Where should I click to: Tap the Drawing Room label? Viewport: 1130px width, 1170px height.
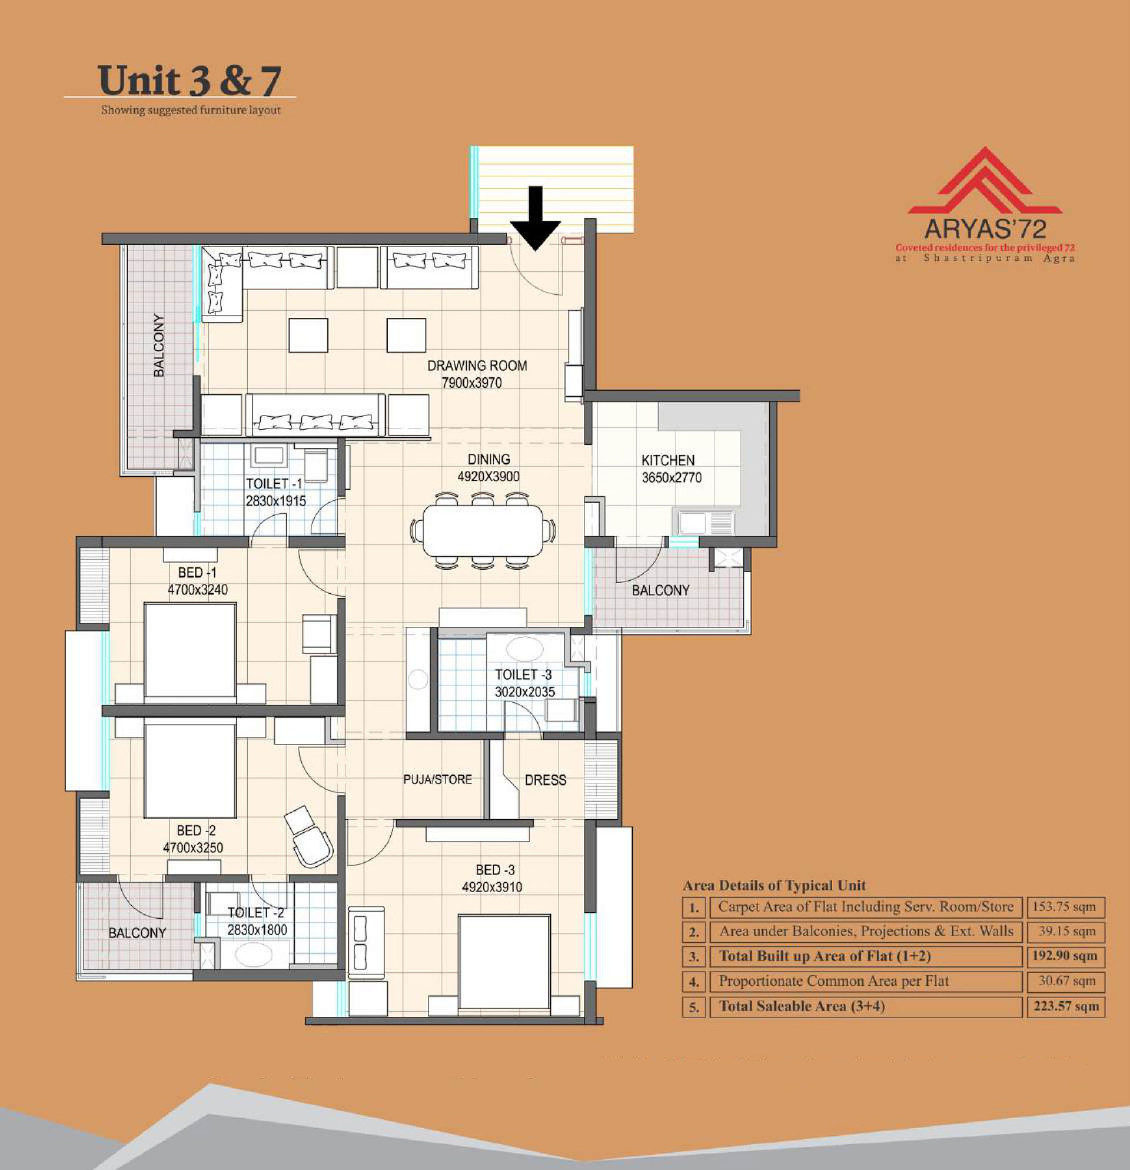coord(477,365)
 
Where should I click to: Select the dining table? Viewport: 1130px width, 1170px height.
coord(483,531)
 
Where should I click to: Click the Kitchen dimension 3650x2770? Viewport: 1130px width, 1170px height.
coord(672,477)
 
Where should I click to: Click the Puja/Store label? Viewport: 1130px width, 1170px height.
coord(437,780)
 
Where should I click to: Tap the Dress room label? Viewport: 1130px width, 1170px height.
coord(546,780)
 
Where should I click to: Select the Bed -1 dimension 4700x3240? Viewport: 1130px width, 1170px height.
coord(197,590)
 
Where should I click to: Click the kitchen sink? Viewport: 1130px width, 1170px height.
coord(704,523)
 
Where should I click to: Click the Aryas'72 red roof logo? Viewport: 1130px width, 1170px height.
coord(985,181)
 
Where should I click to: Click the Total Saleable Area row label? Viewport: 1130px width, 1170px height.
coord(802,1006)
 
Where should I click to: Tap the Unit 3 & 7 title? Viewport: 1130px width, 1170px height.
coord(190,81)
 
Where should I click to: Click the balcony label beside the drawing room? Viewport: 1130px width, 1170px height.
coord(159,345)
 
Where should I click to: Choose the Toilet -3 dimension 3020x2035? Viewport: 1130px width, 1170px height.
coord(525,692)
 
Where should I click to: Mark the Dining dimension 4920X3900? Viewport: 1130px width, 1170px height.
coord(488,476)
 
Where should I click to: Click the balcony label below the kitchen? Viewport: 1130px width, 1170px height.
coord(661,590)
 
